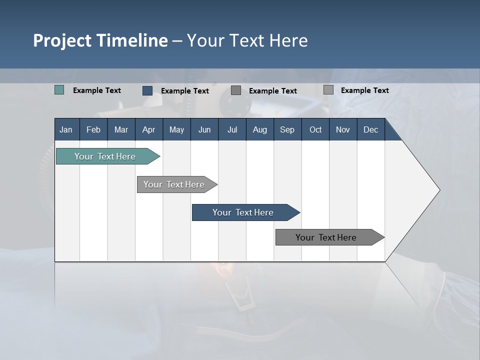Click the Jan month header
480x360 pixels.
pyautogui.click(x=66, y=129)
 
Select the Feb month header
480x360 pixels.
pyautogui.click(x=93, y=129)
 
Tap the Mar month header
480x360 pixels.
pyautogui.click(x=121, y=129)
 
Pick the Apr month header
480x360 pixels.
pyautogui.click(x=149, y=129)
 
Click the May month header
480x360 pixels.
pyautogui.click(x=176, y=129)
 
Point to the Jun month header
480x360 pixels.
pyautogui.click(x=204, y=129)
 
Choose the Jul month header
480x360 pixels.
pyautogui.click(x=232, y=129)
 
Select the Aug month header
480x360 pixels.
pyautogui.click(x=260, y=129)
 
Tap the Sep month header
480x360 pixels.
pyautogui.click(x=287, y=129)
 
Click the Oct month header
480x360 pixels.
pyautogui.click(x=315, y=129)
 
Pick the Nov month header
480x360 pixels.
pyautogui.click(x=343, y=129)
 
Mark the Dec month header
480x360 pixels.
pyautogui.click(x=371, y=129)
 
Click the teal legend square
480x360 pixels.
pyautogui.click(x=59, y=90)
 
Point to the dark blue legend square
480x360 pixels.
pyautogui.click(x=147, y=90)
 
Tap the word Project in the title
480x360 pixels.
pyautogui.click(x=61, y=40)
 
